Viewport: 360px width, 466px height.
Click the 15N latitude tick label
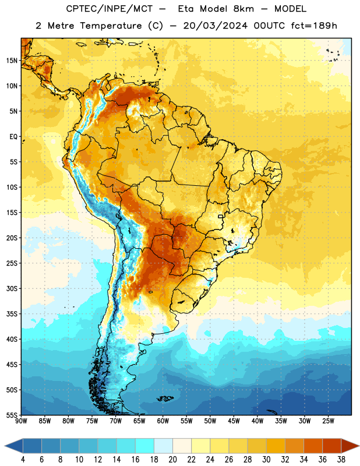point(12,61)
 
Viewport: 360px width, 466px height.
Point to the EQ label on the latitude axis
point(13,137)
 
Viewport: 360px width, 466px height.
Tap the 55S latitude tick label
point(12,415)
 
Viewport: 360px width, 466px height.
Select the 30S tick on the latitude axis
point(12,288)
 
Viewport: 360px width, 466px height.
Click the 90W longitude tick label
point(22,421)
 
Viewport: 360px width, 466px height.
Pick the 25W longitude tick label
point(328,421)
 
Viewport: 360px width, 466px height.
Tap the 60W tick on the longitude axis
point(163,421)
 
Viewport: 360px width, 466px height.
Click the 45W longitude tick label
point(234,421)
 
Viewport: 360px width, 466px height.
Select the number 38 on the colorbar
point(341,460)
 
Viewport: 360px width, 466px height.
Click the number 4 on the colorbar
point(23,460)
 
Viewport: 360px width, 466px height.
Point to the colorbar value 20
point(172,460)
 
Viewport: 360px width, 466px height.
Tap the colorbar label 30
point(266,460)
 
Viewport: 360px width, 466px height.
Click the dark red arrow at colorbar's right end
point(350,446)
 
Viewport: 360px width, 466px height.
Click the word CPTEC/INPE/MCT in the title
point(109,9)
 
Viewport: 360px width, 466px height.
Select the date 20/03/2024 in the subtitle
point(215,26)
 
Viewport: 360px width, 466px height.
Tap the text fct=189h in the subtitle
point(314,26)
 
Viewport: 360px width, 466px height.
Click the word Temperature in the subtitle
point(111,26)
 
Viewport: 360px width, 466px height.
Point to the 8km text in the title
point(243,9)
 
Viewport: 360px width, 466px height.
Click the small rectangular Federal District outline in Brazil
point(221,216)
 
